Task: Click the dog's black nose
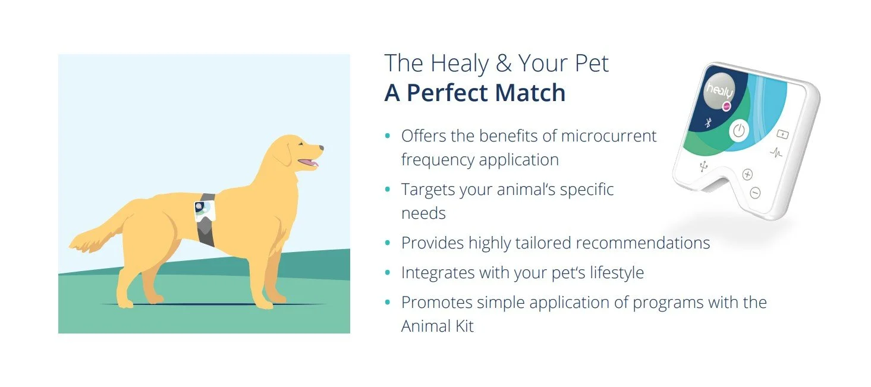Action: (321, 147)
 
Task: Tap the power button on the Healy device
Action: (738, 131)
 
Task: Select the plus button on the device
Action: (747, 175)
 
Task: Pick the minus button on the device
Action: (755, 193)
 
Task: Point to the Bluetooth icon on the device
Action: (708, 123)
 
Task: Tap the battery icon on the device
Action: (782, 134)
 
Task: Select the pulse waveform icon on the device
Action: (776, 153)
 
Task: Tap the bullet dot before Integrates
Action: (388, 273)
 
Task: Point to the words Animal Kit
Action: (437, 326)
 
